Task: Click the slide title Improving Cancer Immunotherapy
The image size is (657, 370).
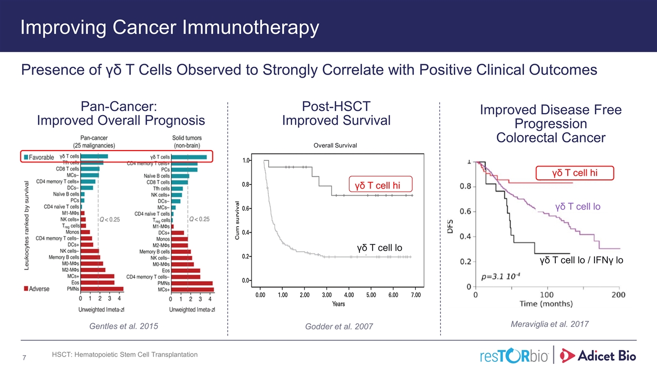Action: pyautogui.click(x=169, y=27)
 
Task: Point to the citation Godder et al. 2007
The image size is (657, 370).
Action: pyautogui.click(x=339, y=326)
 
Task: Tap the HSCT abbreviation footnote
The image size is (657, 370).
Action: pyautogui.click(x=125, y=355)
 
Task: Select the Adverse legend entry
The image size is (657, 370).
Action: pyautogui.click(x=37, y=289)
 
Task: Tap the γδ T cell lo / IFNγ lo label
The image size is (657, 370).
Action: pyautogui.click(x=582, y=261)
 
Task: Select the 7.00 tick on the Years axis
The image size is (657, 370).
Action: pyautogui.click(x=415, y=295)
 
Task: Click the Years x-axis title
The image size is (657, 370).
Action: pyautogui.click(x=338, y=304)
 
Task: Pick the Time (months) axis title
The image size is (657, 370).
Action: pyautogui.click(x=546, y=304)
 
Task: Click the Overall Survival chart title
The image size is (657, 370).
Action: pyautogui.click(x=335, y=145)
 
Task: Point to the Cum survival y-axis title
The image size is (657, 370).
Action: pyautogui.click(x=237, y=220)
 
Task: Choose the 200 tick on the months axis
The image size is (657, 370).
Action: pyautogui.click(x=618, y=295)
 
